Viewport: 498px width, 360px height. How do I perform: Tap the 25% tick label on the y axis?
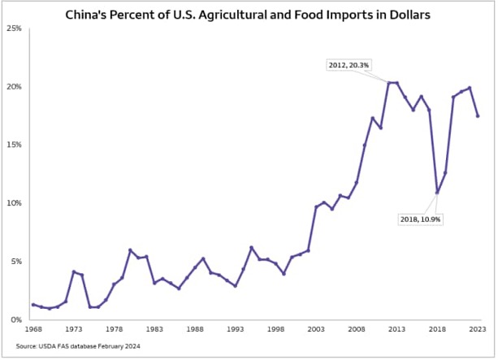point(14,28)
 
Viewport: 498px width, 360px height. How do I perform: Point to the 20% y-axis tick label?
point(14,87)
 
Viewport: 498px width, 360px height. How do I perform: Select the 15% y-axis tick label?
point(14,145)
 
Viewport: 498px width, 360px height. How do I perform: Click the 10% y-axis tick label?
point(14,203)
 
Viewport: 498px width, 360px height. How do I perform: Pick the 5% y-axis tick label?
point(15,262)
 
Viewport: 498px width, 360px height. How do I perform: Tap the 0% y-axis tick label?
point(15,320)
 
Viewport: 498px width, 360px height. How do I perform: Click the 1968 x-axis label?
point(32,330)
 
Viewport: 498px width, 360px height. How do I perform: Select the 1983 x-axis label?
point(154,330)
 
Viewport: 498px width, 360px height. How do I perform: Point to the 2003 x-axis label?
point(316,330)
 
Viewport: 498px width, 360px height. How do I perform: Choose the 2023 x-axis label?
point(478,330)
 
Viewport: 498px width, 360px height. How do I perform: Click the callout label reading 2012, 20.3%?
point(350,64)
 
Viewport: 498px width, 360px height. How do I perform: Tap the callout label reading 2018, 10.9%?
point(422,219)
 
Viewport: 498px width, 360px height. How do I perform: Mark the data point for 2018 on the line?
point(437,193)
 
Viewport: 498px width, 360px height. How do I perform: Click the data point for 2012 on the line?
point(388,83)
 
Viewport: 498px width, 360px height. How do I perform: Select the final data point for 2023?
point(478,115)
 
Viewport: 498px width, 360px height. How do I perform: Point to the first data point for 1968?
point(32,305)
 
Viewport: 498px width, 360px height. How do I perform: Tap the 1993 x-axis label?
point(235,330)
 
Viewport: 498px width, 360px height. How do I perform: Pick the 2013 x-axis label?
point(397,330)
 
